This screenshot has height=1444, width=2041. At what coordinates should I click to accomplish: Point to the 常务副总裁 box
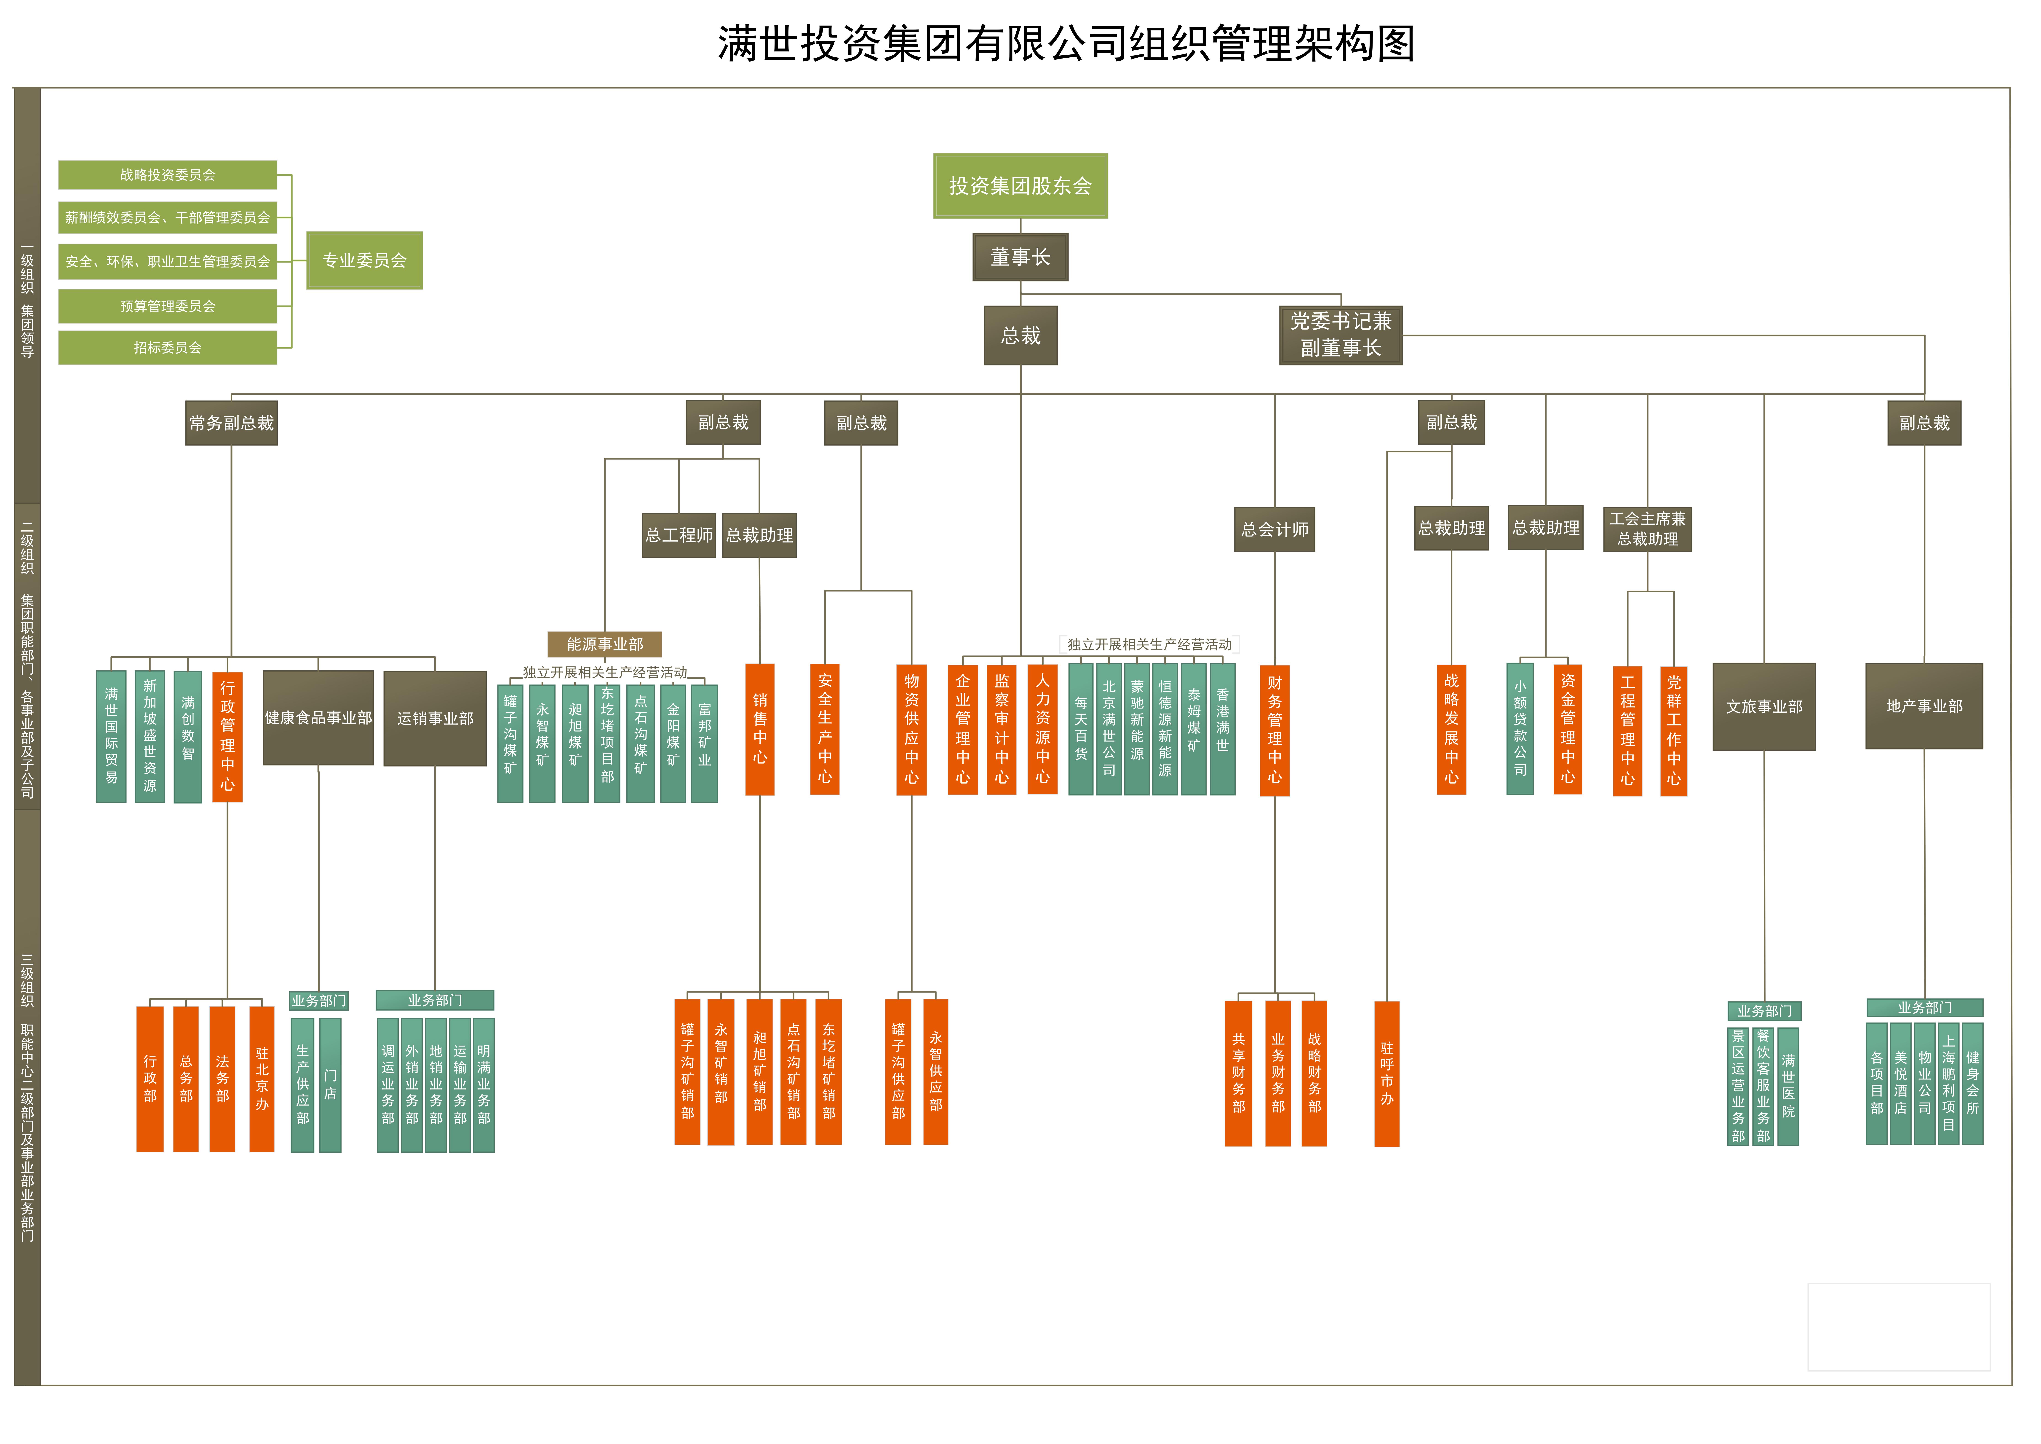[231, 423]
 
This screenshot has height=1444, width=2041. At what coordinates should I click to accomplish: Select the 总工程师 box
[678, 535]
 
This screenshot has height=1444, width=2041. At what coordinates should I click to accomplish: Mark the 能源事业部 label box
[604, 644]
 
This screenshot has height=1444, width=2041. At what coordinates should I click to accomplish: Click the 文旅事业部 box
[1764, 707]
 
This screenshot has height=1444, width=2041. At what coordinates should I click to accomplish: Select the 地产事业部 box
[1924, 707]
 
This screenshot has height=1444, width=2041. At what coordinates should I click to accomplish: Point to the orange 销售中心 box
[759, 729]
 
